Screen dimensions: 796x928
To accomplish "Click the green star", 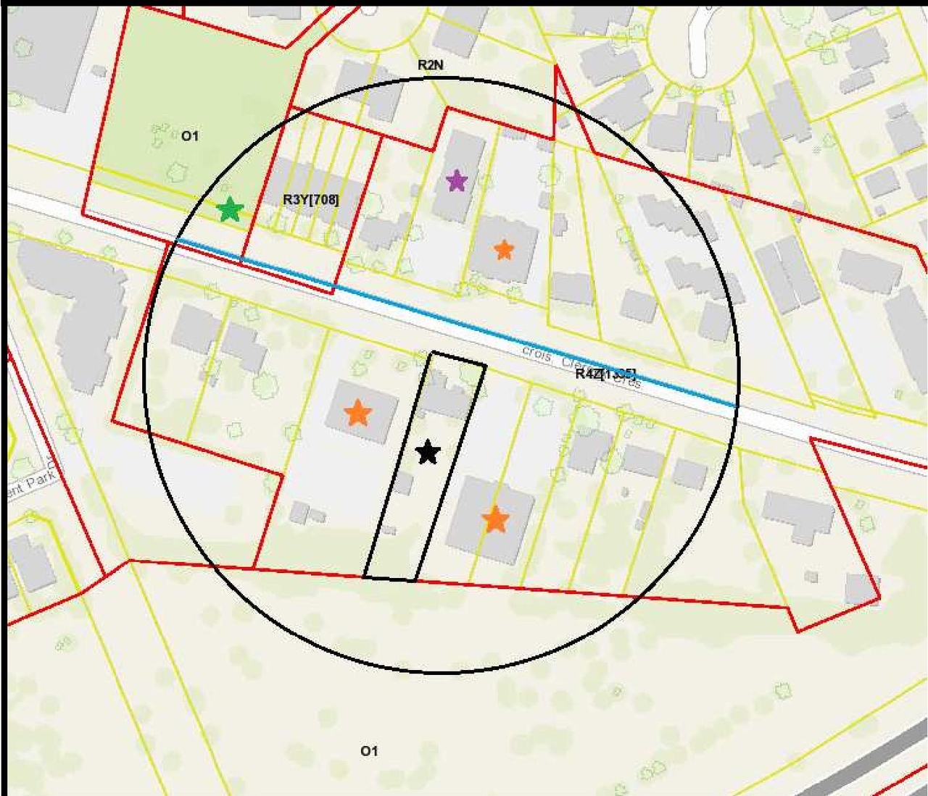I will pyautogui.click(x=230, y=209).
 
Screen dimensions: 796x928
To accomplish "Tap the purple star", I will pyautogui.click(x=456, y=180).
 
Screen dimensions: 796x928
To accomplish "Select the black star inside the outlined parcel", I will pyautogui.click(x=428, y=453).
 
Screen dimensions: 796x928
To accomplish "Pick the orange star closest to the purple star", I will pyautogui.click(x=503, y=250).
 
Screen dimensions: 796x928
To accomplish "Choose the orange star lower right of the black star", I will pyautogui.click(x=495, y=519).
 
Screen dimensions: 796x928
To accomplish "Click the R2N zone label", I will pyautogui.click(x=430, y=65).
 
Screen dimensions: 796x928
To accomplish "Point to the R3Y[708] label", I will pyautogui.click(x=310, y=199).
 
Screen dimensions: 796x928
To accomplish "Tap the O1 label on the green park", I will pyautogui.click(x=190, y=135).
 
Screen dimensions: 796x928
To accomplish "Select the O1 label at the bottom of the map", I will pyautogui.click(x=369, y=751).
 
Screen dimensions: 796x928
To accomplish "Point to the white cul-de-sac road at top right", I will pyautogui.click(x=700, y=43).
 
